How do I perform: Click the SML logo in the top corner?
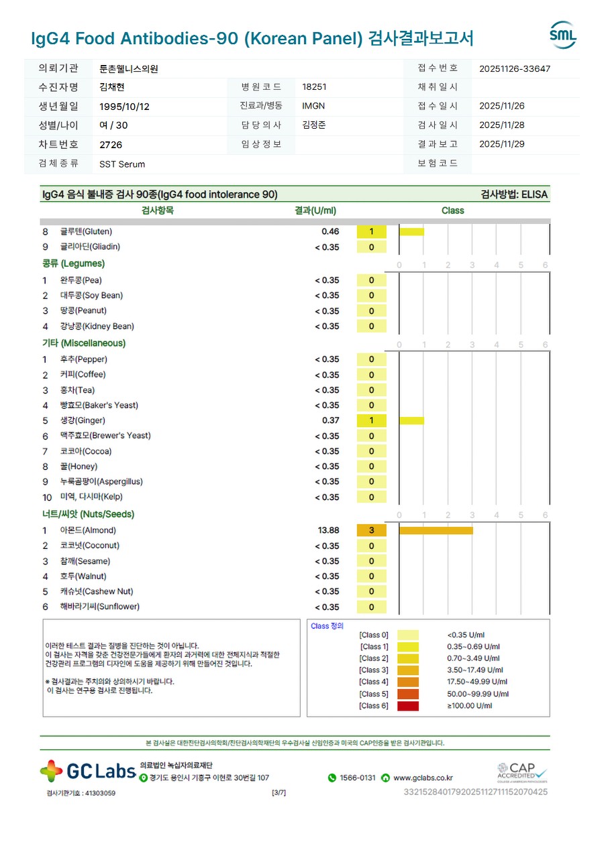pos(562,35)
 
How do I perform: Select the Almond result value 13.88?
pos(328,530)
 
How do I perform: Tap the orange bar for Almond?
pos(436,530)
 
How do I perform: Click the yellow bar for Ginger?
pos(411,420)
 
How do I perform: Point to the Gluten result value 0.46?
pos(330,231)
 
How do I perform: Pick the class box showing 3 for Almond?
pos(371,530)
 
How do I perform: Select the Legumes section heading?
pos(74,263)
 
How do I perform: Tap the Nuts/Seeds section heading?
pos(89,514)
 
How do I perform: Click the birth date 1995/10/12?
pos(124,107)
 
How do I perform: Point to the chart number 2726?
pos(111,145)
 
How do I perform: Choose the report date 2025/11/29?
pos(502,144)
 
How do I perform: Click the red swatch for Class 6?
pos(407,706)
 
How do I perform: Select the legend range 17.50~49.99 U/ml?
pos(477,682)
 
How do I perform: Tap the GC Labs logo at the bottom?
pos(88,771)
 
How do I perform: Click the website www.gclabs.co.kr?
pos(423,778)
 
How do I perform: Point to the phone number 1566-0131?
pos(357,778)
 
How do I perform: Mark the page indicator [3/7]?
pos(279,792)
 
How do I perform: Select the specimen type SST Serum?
pos(122,164)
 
